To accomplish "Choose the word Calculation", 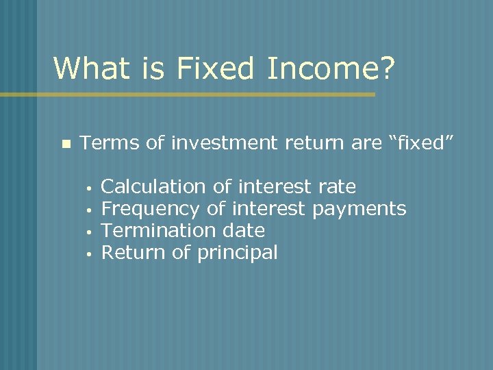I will pos(153,186).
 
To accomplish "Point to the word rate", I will pos(338,186).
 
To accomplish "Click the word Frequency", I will pos(151,208).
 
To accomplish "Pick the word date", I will pos(244,230).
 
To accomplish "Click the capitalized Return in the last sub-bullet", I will pos(134,252).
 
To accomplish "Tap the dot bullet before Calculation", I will pos(89,188).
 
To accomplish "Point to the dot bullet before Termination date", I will pos(89,232).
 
